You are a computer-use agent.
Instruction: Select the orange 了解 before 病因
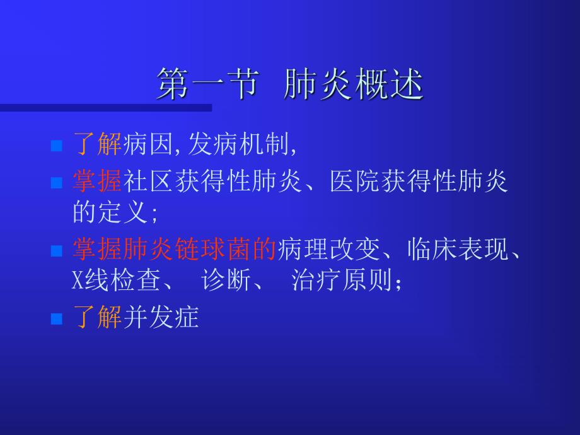97,145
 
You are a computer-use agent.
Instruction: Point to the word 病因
147,145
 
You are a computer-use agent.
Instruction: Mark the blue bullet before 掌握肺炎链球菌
56,251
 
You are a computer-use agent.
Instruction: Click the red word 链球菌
222,249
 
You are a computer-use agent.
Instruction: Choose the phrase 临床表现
456,249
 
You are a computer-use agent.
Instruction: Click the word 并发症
161,317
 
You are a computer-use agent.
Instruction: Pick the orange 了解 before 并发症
97,317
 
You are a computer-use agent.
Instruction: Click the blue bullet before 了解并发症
56,319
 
